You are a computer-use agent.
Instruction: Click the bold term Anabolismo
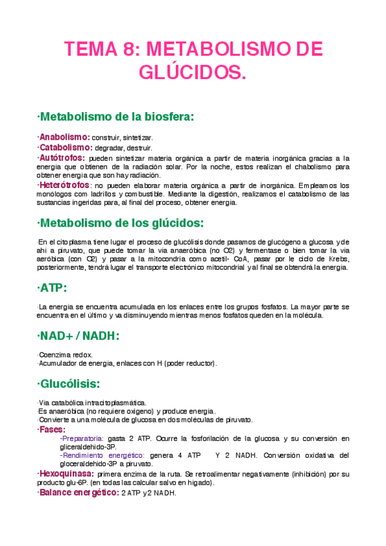(x=64, y=137)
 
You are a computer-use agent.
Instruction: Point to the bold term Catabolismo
(x=65, y=147)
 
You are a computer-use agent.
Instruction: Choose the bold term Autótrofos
(x=62, y=157)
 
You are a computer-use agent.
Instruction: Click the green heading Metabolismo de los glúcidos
(x=121, y=223)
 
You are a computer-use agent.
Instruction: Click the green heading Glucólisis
(x=69, y=384)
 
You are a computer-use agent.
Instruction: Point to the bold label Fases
(x=52, y=429)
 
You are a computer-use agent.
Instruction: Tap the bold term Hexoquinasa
(x=66, y=474)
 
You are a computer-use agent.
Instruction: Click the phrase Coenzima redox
(x=65, y=355)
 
